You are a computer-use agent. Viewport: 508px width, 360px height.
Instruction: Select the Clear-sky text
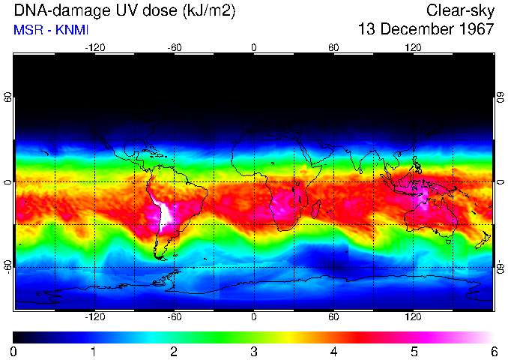(x=460, y=10)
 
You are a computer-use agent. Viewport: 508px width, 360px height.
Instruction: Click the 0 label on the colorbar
(x=13, y=351)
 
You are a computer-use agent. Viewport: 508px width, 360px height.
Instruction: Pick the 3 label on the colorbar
(x=253, y=351)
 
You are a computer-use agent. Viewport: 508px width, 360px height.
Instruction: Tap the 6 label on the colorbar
(x=494, y=351)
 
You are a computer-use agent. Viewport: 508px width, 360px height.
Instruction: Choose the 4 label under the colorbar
(x=333, y=351)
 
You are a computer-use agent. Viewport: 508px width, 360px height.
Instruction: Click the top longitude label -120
(x=94, y=48)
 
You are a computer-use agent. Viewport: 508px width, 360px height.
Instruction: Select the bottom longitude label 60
(x=333, y=317)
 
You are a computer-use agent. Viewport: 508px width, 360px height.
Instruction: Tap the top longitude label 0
(x=254, y=48)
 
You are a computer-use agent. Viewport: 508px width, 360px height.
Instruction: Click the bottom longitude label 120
(x=413, y=317)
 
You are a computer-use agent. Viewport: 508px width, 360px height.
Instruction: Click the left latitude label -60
(x=7, y=266)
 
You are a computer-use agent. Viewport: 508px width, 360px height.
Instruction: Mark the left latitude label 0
(x=7, y=182)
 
